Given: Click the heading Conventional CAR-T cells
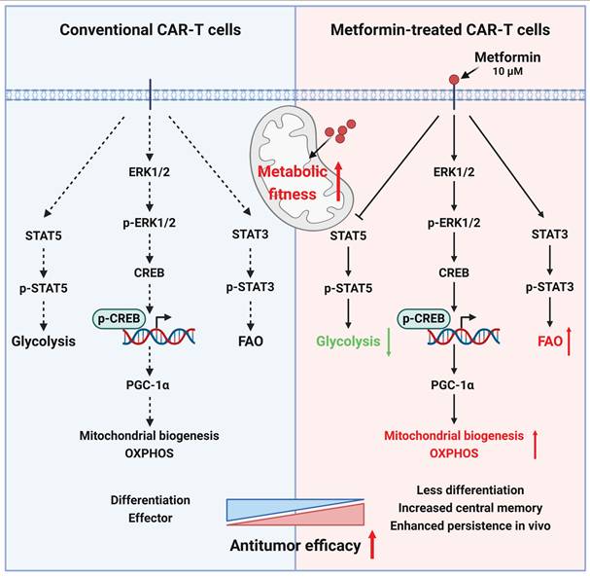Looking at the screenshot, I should point(150,30).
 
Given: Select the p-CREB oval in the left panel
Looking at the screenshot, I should point(120,318).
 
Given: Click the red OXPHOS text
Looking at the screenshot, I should point(453,451).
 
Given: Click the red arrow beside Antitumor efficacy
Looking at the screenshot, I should point(373,543).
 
